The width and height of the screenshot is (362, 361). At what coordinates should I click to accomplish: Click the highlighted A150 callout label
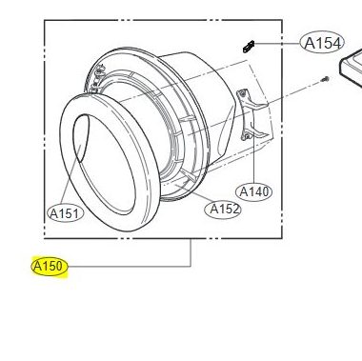pos(50,266)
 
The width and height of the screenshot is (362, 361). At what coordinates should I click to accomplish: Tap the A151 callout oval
pos(65,213)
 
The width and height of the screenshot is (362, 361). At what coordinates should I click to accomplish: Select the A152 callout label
pos(223,210)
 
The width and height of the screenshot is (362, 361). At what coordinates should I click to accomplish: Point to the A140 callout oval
pos(254,191)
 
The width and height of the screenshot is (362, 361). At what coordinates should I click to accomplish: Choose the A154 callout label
pos(322,43)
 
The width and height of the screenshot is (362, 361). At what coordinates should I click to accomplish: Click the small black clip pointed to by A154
pos(249,47)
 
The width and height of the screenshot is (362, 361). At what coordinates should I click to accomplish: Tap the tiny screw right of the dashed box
pos(325,79)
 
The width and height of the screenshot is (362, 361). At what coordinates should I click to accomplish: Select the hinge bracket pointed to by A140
pos(251,114)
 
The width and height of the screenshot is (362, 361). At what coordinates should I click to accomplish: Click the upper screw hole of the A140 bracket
pos(243,93)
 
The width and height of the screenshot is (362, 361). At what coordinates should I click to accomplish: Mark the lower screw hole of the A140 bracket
pos(245,137)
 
